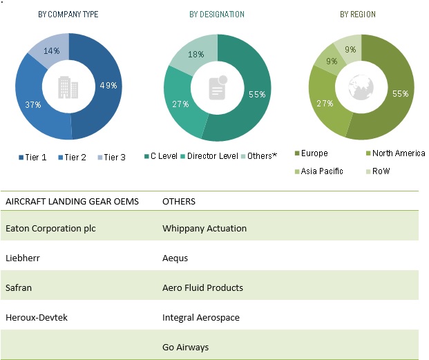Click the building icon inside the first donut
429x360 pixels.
[x=69, y=87]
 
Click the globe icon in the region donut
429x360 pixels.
[x=361, y=87]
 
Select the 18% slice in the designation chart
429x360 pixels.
[x=195, y=55]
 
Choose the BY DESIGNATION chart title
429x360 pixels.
[x=216, y=15]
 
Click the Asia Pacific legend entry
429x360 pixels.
[x=320, y=171]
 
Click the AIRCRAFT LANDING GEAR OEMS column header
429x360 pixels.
[x=72, y=202]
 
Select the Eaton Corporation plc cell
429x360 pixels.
[x=49, y=228]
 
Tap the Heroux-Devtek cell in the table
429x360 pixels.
[x=37, y=317]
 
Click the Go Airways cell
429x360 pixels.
[x=185, y=348]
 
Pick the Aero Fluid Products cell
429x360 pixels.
[x=202, y=287]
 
